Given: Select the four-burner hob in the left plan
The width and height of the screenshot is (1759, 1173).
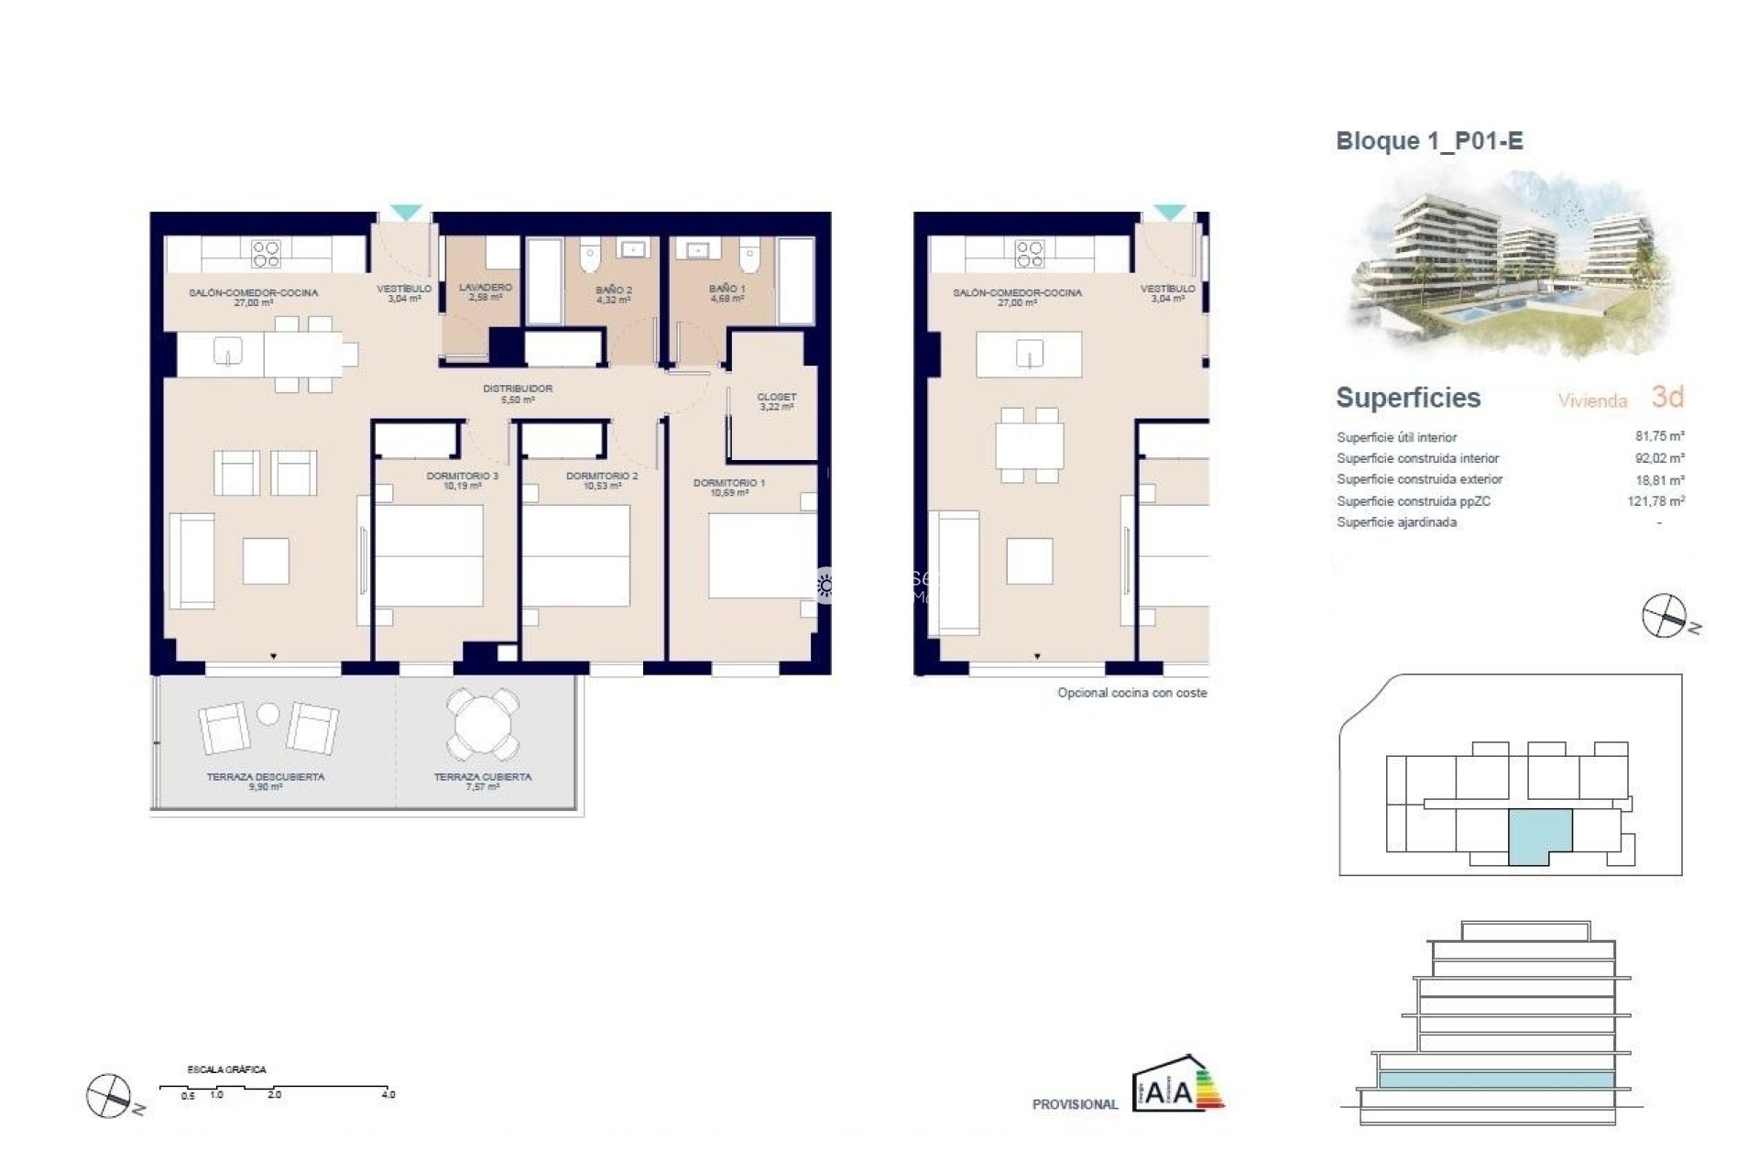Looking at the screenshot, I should pyautogui.click(x=266, y=253).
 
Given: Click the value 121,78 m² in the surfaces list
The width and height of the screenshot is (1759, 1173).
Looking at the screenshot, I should pyautogui.click(x=1655, y=501).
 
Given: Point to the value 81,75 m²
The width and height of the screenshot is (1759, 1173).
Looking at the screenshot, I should pyautogui.click(x=1659, y=437).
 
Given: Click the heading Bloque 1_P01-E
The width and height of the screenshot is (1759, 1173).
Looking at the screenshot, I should pyautogui.click(x=1429, y=141).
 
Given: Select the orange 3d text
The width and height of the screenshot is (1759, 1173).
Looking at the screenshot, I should pyautogui.click(x=1667, y=397).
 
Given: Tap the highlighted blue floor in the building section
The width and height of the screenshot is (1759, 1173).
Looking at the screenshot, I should pyautogui.click(x=1495, y=1080).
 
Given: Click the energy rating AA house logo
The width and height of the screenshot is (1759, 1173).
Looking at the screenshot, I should pyautogui.click(x=1177, y=1086).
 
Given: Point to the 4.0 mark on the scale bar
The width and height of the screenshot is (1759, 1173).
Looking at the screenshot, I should pyautogui.click(x=388, y=1094).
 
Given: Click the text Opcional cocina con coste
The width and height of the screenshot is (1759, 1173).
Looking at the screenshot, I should pyautogui.click(x=1131, y=693).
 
